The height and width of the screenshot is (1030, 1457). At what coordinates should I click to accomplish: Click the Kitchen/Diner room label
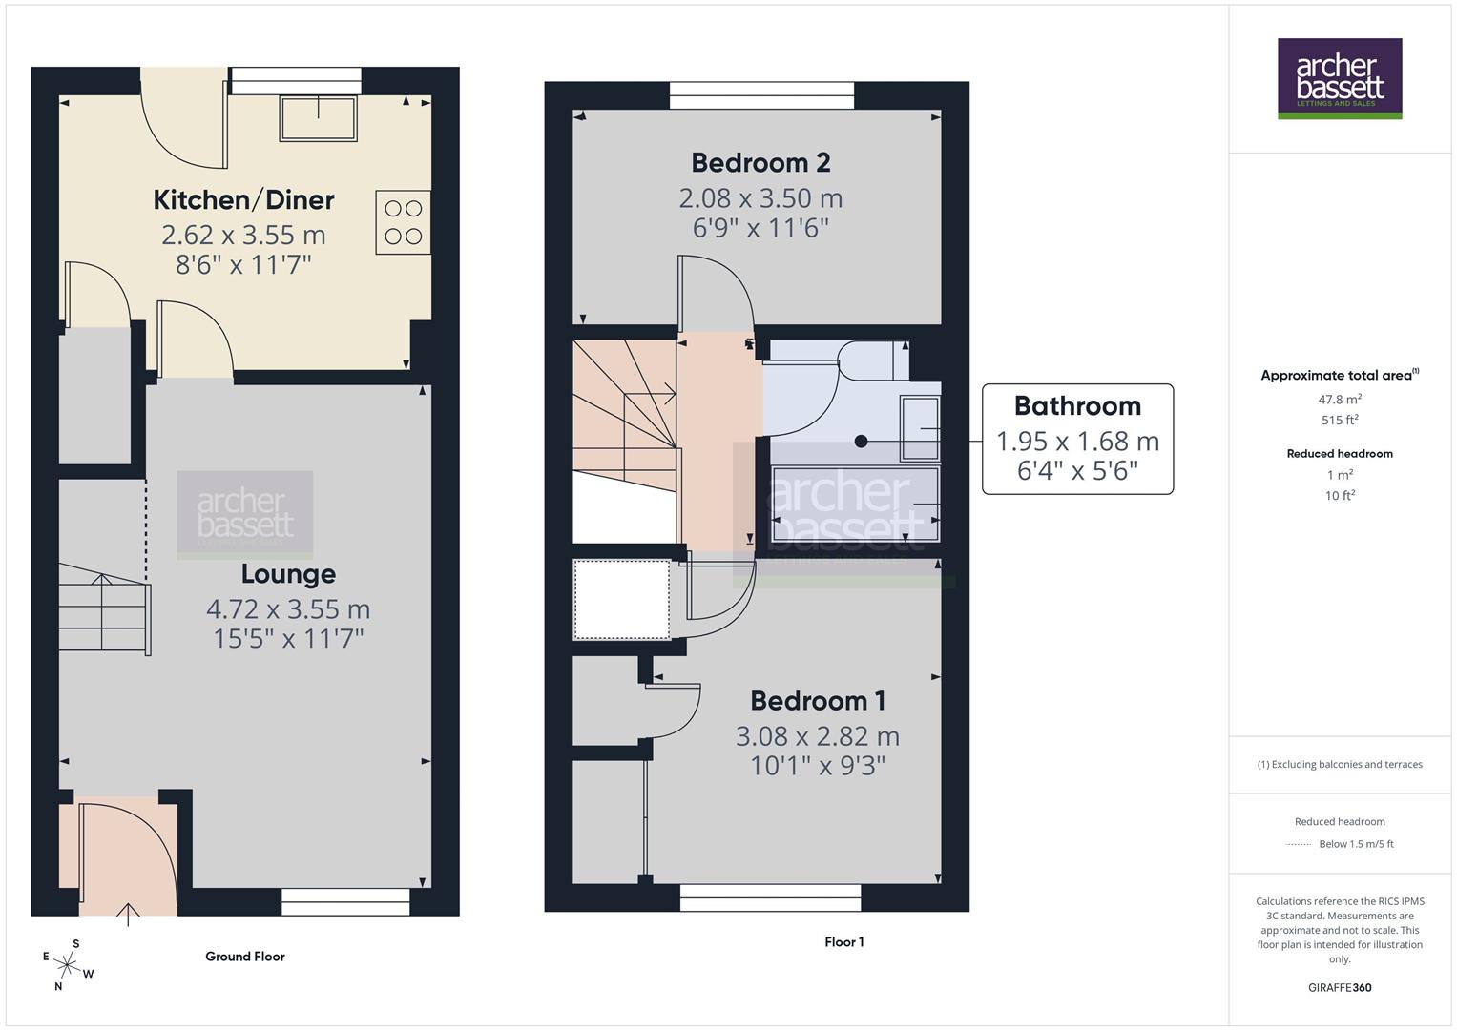coord(243,200)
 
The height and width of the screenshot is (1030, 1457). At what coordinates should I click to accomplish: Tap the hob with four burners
coord(403,222)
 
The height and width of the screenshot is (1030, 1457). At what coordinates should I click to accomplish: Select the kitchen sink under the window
coord(318,117)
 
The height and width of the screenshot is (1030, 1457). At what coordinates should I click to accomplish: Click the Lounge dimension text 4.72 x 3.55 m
coord(288,608)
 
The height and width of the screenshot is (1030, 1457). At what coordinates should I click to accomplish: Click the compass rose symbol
coord(67,964)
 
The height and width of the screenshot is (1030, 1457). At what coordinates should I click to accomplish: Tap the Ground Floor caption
coord(245,957)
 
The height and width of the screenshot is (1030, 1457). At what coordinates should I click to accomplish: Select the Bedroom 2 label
coord(760,163)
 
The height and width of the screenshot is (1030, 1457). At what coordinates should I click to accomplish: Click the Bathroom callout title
coord(1077,406)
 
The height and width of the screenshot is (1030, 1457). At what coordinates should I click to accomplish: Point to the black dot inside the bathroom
coord(861,441)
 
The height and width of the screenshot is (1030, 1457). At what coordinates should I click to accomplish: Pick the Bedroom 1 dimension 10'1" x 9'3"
coord(818,766)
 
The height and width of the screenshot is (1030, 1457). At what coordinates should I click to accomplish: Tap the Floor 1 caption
coord(844,942)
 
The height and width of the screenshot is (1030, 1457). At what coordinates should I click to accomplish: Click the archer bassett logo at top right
coord(1339,78)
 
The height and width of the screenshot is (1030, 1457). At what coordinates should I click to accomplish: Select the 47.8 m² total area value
coord(1340,400)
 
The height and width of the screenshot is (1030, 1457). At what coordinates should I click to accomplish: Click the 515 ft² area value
coord(1340,421)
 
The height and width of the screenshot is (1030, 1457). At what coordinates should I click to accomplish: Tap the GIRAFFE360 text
coord(1340,987)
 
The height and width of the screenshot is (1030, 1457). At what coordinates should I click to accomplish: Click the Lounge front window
coord(345,901)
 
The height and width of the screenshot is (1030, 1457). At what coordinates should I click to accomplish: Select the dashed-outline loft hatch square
coord(621,600)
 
